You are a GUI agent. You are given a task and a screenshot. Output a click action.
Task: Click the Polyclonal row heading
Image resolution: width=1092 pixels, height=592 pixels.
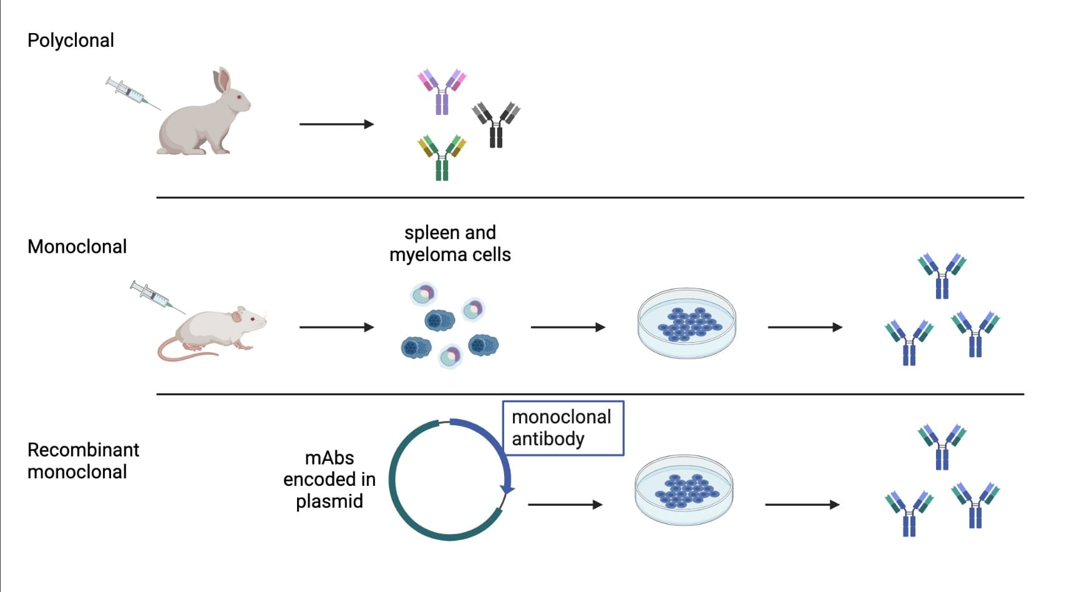(x=71, y=41)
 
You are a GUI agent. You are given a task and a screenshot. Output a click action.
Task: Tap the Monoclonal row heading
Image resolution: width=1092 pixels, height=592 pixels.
(x=77, y=247)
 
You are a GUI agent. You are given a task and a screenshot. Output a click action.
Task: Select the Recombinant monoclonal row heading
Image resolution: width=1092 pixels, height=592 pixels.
(x=83, y=461)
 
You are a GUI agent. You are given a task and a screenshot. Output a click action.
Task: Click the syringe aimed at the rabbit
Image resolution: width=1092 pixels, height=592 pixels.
(x=130, y=92)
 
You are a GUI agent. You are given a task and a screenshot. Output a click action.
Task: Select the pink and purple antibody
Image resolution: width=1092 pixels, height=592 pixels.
(x=442, y=91)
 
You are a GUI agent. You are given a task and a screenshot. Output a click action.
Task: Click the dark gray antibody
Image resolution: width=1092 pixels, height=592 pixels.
(x=496, y=124)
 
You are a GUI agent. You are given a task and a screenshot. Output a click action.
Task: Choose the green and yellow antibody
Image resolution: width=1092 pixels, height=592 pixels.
(x=442, y=157)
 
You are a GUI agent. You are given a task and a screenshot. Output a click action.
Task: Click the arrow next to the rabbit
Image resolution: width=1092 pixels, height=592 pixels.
(x=336, y=124)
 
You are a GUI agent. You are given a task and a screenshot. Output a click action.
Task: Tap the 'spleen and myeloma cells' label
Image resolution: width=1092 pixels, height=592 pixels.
(x=450, y=244)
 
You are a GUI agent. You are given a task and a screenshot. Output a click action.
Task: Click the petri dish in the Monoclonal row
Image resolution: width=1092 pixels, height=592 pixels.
(x=686, y=323)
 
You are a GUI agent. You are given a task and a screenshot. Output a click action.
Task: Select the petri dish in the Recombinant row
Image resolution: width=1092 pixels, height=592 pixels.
(x=684, y=490)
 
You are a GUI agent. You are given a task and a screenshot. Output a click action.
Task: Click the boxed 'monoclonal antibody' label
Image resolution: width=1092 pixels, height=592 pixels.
(x=562, y=428)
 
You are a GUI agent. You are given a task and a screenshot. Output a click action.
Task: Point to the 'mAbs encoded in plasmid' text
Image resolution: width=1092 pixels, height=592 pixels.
(x=329, y=480)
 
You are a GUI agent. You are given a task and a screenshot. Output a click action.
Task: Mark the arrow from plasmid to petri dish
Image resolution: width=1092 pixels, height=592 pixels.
(x=565, y=505)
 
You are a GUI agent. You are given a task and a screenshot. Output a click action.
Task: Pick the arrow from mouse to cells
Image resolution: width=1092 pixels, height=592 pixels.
(x=336, y=327)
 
